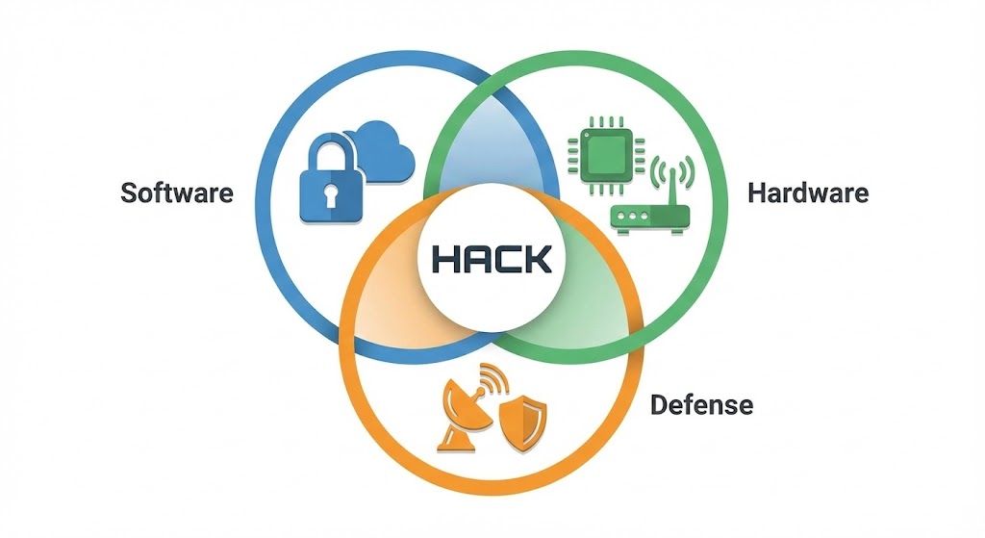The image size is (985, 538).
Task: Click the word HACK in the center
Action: (492, 258)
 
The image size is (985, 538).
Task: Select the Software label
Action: (177, 192)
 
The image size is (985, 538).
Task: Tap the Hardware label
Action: (808, 192)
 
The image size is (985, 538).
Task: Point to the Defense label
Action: (701, 404)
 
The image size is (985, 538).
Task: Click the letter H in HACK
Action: (445, 258)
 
